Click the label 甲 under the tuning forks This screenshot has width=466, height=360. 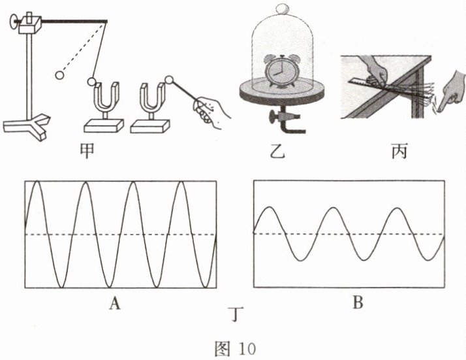point(87,151)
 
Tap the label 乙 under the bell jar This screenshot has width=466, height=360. point(278,151)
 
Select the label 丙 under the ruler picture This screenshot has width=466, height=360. point(399,151)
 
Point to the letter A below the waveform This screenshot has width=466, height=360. point(115,303)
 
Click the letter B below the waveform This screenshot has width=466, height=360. point(358,303)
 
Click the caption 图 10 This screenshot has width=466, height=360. point(236,349)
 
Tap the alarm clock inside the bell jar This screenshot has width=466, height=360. point(279,71)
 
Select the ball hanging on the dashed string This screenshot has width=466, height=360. point(59,75)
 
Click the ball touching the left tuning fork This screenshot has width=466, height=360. point(91,82)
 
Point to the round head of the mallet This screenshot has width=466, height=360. point(169,80)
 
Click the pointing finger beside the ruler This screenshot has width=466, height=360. point(450,92)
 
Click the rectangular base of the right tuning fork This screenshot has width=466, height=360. point(150,126)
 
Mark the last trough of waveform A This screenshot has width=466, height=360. point(206,287)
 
